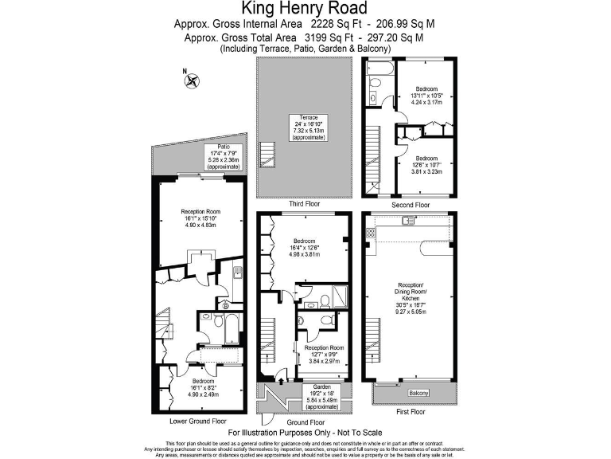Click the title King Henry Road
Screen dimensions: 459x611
(305, 9)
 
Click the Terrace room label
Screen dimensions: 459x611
(309, 117)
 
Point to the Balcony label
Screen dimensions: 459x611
(418, 394)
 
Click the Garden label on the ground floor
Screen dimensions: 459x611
(321, 386)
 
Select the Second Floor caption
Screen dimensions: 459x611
(410, 205)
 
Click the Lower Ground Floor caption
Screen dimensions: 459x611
(198, 421)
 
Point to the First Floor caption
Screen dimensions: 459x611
(410, 412)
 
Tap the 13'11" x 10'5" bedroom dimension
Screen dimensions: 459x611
(426, 96)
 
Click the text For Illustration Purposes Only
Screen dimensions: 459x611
(305, 431)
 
